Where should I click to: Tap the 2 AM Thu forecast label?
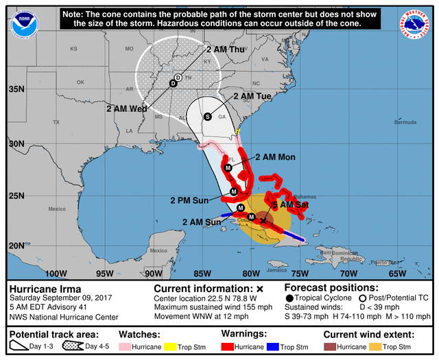click(x=224, y=49)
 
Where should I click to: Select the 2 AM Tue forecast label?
click(x=253, y=97)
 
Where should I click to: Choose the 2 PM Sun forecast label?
click(x=189, y=200)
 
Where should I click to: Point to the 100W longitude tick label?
click(x=56, y=273)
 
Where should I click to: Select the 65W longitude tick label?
click(x=399, y=273)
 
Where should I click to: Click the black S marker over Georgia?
click(x=209, y=117)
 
